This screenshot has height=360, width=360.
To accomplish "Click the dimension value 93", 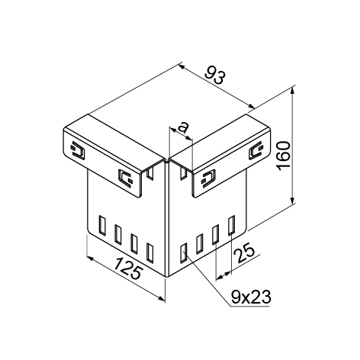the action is pos(215,75).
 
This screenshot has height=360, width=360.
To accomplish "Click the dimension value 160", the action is pos(284,156).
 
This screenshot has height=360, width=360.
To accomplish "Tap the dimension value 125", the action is pos(127,268).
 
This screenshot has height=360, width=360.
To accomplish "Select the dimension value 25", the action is pos(244,252).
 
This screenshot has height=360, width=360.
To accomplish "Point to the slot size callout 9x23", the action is pos(251,297).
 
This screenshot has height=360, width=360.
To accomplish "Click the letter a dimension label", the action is pos(183,127).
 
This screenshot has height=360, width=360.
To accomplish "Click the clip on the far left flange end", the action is pos(77,150).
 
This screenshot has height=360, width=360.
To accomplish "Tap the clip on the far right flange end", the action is pos(256,150).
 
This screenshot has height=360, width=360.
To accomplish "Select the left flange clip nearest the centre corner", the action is pos(126,178).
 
